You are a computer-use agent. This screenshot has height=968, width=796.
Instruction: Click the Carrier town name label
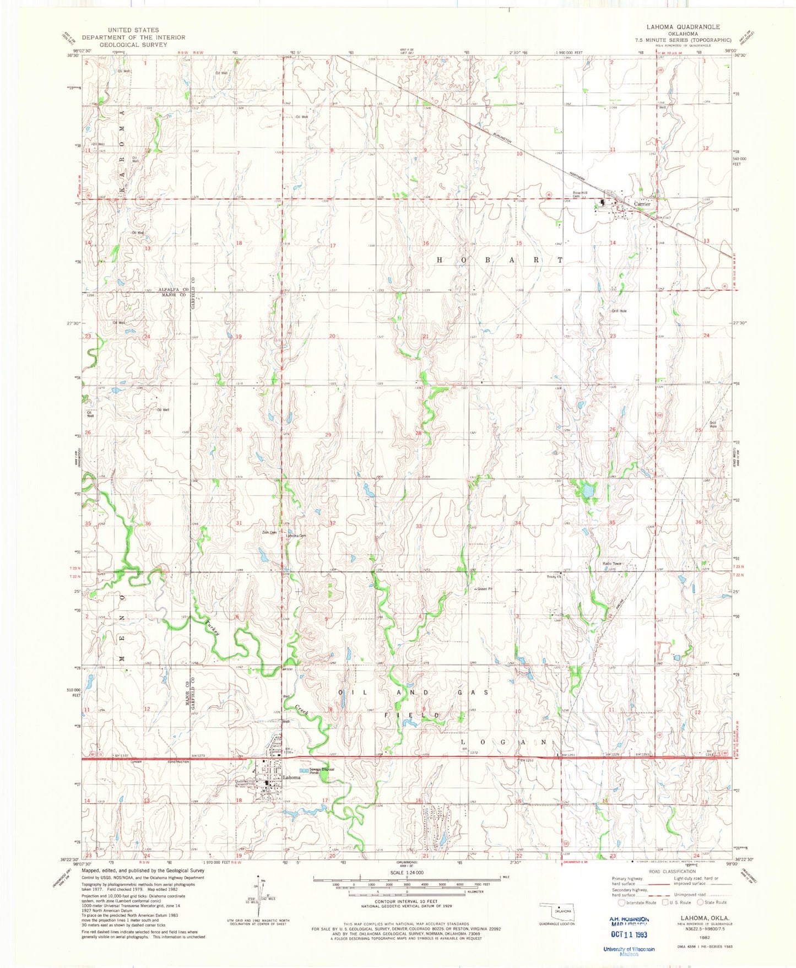tap(642, 204)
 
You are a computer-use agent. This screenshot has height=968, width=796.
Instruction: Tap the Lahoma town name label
tap(291, 777)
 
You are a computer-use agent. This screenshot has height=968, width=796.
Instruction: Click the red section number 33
tap(419, 526)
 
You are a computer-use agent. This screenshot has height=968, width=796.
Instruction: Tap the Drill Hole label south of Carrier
tap(619, 311)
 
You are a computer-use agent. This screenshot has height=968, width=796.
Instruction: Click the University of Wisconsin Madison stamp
tap(629, 951)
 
